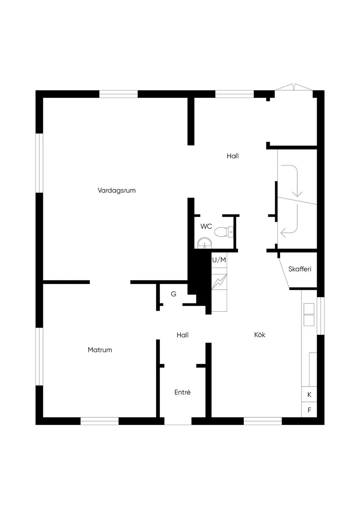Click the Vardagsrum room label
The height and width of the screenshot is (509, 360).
117,190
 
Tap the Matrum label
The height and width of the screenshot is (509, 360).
100,350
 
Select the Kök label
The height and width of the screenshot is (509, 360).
260,335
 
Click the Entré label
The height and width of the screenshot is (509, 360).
182,392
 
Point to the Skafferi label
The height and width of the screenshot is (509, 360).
300,269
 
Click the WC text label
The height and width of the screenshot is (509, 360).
206,226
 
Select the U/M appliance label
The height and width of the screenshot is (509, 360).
219,260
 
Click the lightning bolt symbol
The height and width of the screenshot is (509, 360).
219,282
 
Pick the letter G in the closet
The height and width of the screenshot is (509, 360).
173,294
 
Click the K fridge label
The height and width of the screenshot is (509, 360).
309,395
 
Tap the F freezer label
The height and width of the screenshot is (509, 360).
309,410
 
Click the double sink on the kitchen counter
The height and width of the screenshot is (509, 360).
309,315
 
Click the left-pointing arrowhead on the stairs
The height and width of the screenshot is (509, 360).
283,233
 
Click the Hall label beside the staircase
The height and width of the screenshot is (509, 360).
232,156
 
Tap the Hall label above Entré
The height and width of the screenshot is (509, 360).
183,335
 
